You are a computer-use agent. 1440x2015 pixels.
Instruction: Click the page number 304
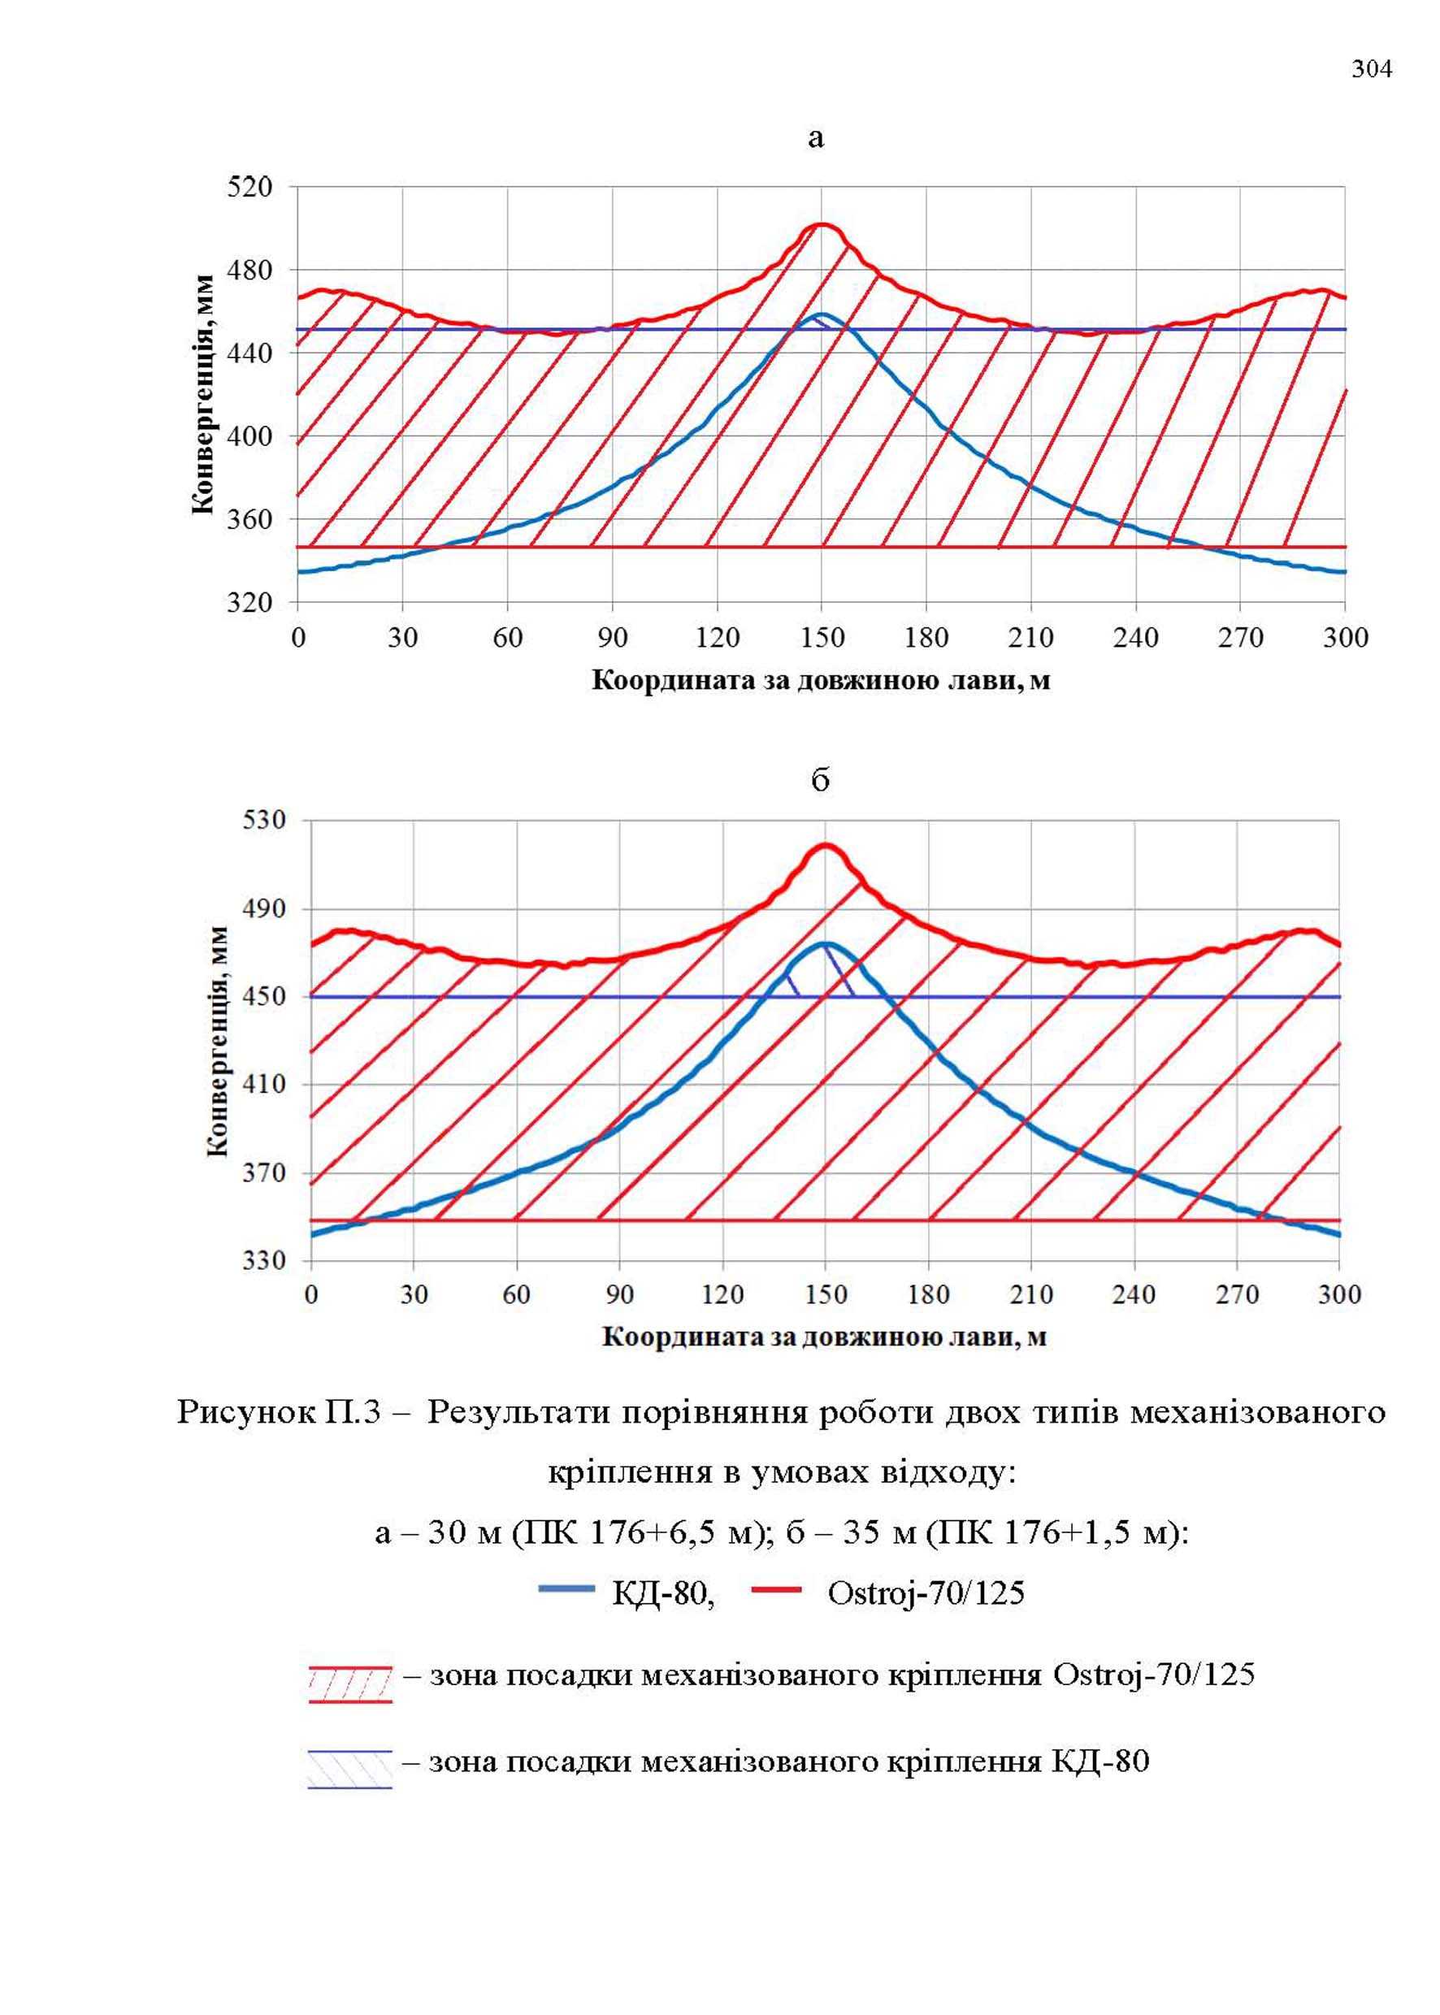pyautogui.click(x=1372, y=69)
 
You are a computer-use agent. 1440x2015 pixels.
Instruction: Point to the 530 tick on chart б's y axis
pyautogui.click(x=264, y=820)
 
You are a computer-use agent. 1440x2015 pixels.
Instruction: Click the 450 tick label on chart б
pyautogui.click(x=264, y=996)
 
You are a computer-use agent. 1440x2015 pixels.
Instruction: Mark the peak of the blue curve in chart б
pyautogui.click(x=825, y=944)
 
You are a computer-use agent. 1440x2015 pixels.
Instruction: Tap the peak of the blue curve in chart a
pyautogui.click(x=821, y=314)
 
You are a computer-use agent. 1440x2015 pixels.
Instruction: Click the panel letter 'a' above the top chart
pyautogui.click(x=817, y=138)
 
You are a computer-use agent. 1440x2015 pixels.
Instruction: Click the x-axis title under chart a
pyautogui.click(x=821, y=681)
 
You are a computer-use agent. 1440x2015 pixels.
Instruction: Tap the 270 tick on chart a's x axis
pyautogui.click(x=1240, y=639)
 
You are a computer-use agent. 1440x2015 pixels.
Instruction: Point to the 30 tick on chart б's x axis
pyautogui.click(x=413, y=1295)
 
